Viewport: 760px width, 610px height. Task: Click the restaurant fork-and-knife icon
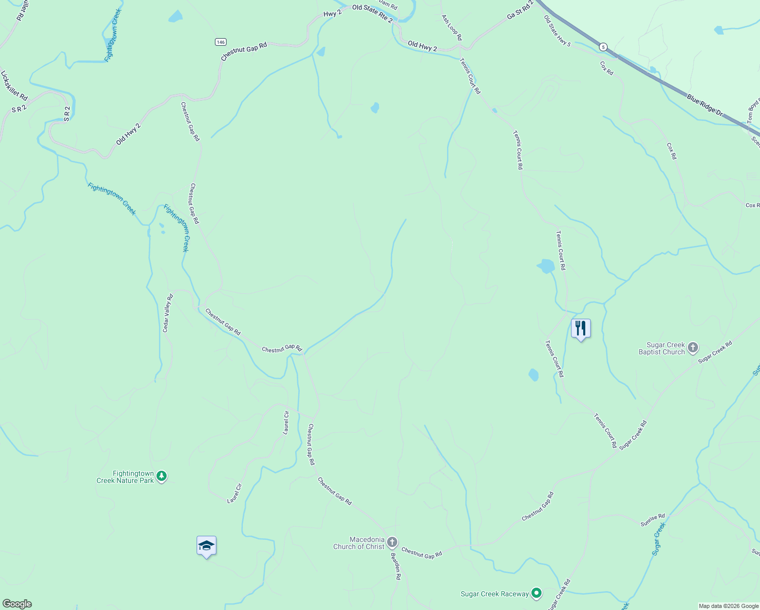[x=581, y=328]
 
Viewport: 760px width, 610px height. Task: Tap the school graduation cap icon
[x=206, y=546]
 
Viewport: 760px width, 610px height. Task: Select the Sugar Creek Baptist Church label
[x=661, y=348]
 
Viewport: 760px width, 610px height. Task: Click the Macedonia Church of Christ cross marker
[x=392, y=542]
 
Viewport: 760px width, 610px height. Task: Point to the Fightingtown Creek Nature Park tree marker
[x=162, y=476]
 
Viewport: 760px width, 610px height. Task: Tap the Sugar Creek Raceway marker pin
[x=536, y=593]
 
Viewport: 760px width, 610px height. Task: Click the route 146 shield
[x=220, y=42]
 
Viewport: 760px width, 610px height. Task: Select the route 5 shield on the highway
[x=603, y=47]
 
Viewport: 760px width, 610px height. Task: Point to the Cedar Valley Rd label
[x=168, y=313]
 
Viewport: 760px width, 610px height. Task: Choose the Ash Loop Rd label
[x=452, y=27]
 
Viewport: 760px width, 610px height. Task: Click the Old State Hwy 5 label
[x=557, y=31]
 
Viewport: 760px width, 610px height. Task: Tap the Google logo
[x=17, y=604]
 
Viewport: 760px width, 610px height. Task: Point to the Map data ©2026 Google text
[x=729, y=606]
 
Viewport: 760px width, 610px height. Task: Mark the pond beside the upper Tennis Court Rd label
[x=546, y=266]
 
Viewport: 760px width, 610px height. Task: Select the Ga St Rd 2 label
[x=520, y=11]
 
